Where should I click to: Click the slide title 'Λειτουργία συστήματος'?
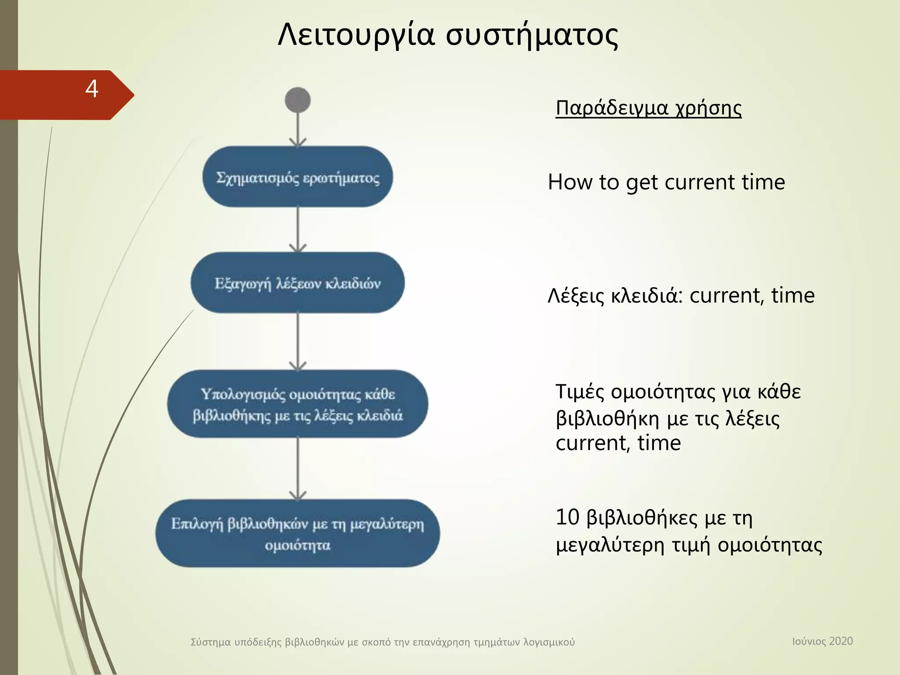click(x=448, y=35)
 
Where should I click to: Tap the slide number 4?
click(x=91, y=89)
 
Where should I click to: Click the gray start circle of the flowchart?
click(x=298, y=100)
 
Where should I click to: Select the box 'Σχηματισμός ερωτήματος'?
click(x=298, y=177)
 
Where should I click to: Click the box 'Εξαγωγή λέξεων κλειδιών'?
click(x=298, y=283)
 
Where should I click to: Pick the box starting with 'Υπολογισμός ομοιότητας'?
click(x=298, y=404)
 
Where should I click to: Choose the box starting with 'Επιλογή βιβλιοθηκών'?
click(x=298, y=533)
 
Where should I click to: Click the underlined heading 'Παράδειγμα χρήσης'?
click(x=648, y=108)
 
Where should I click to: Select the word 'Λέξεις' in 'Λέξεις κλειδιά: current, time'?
click(x=576, y=296)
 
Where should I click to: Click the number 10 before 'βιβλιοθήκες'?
click(x=567, y=517)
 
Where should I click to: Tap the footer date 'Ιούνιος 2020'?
click(x=822, y=641)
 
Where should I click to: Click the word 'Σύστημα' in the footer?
click(x=210, y=642)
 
